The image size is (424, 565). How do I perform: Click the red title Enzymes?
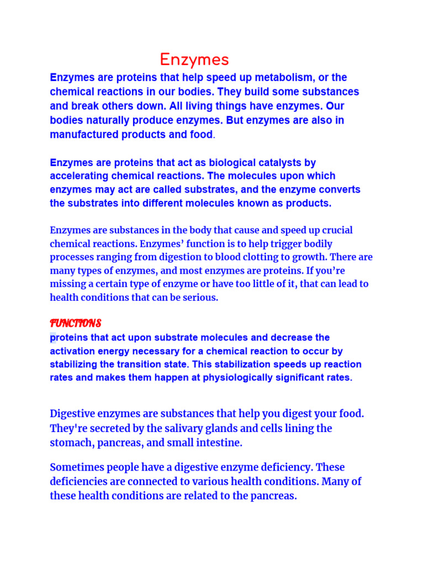[194, 60]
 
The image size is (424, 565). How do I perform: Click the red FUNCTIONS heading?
[76, 323]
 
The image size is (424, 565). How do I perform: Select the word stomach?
[71, 443]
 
